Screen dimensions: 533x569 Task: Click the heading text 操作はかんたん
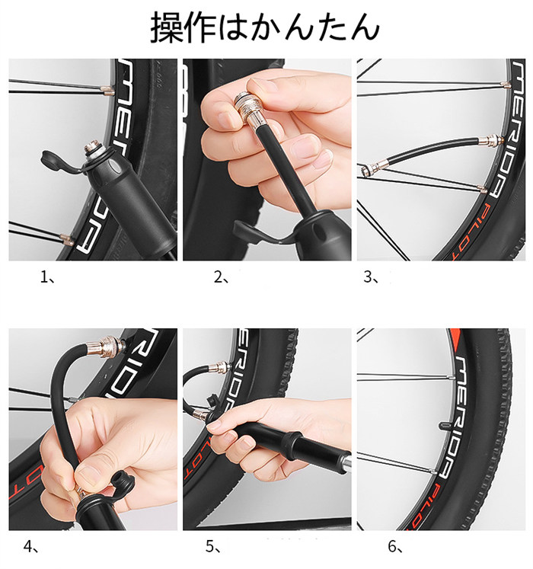click(x=265, y=28)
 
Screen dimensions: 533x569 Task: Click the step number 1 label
click(x=47, y=278)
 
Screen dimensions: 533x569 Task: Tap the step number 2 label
click(x=222, y=278)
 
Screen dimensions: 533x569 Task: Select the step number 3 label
click(x=371, y=278)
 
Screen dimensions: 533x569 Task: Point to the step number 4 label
click(x=31, y=547)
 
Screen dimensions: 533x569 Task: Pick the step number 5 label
click(x=213, y=547)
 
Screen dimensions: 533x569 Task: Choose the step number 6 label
click(x=395, y=547)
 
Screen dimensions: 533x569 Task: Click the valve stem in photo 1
click(x=92, y=152)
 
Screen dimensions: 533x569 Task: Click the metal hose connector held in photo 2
click(x=250, y=110)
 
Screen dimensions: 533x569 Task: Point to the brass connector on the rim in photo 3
click(x=492, y=140)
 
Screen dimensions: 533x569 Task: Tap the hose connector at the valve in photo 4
click(x=107, y=345)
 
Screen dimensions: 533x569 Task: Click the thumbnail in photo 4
click(x=86, y=473)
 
